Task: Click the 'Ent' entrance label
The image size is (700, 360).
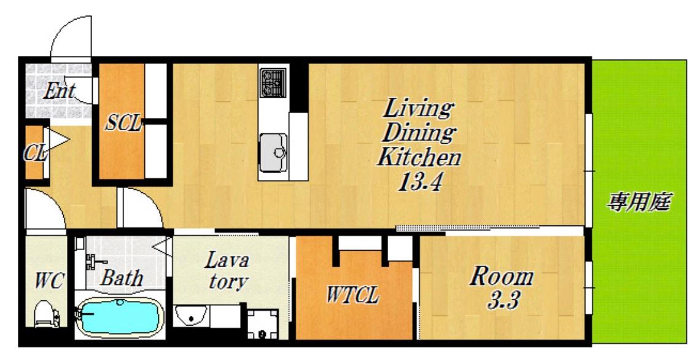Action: (59, 92)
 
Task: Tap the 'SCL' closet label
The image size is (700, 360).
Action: (123, 123)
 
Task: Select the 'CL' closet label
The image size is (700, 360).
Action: (35, 154)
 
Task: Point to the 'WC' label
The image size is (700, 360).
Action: (50, 281)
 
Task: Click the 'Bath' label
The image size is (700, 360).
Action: (122, 278)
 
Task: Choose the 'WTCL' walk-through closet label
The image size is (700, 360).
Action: (353, 295)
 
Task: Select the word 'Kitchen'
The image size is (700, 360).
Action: (419, 157)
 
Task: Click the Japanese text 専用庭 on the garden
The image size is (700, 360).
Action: (639, 202)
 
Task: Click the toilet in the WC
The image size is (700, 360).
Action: (47, 313)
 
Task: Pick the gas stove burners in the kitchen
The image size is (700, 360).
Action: (273, 83)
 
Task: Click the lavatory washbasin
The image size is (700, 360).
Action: (191, 316)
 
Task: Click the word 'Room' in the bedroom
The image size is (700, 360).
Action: (502, 277)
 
